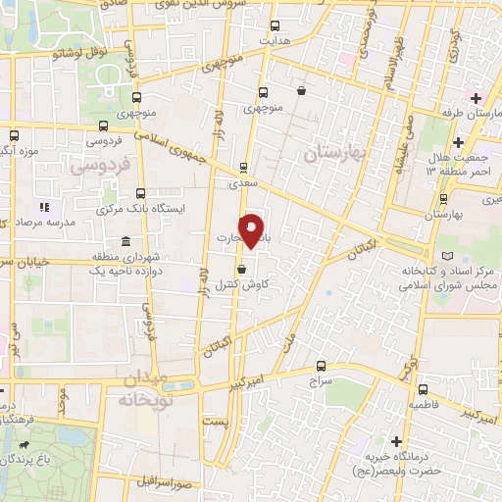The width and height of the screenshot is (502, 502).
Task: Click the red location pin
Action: [252, 229]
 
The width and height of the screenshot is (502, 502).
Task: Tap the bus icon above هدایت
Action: [274, 26]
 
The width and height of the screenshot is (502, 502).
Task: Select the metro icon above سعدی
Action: [244, 167]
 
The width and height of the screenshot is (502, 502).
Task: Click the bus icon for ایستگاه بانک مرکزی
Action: [141, 193]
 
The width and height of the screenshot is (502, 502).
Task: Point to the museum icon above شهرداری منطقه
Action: [125, 242]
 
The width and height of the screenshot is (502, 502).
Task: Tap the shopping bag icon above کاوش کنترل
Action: [242, 268]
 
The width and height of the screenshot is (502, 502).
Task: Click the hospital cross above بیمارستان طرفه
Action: [475, 98]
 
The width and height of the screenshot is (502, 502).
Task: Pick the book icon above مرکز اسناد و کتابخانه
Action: [449, 255]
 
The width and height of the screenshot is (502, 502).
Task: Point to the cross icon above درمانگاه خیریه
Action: [396, 442]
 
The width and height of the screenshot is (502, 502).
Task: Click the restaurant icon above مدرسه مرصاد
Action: [43, 208]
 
